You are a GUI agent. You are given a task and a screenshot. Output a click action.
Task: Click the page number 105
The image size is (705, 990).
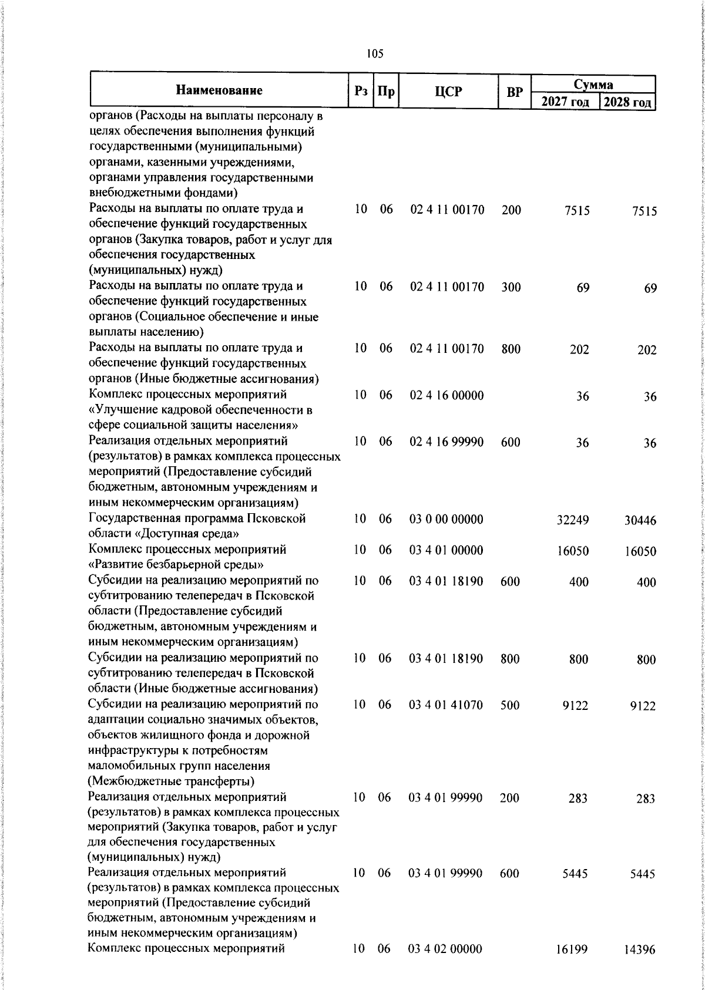click(374, 54)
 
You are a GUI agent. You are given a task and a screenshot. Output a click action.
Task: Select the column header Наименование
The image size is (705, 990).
click(219, 90)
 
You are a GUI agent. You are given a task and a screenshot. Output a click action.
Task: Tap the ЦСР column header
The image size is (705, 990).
click(448, 92)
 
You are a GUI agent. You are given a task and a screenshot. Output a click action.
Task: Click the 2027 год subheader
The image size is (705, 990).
click(565, 102)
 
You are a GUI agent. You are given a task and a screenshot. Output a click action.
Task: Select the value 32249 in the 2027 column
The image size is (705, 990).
click(573, 520)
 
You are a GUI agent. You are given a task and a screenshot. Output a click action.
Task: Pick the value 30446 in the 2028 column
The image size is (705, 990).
click(640, 521)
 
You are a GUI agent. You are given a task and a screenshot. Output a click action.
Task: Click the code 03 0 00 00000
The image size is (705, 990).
click(446, 519)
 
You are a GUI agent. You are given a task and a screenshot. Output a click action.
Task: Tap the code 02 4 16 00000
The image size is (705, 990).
click(446, 395)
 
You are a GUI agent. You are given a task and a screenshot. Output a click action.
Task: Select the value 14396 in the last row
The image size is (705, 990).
click(639, 967)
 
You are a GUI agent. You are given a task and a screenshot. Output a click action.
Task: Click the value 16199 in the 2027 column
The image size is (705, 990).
click(572, 966)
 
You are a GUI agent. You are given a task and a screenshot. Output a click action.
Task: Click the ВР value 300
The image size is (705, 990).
click(511, 287)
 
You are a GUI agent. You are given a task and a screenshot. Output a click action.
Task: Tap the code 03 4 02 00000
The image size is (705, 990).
click(446, 965)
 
